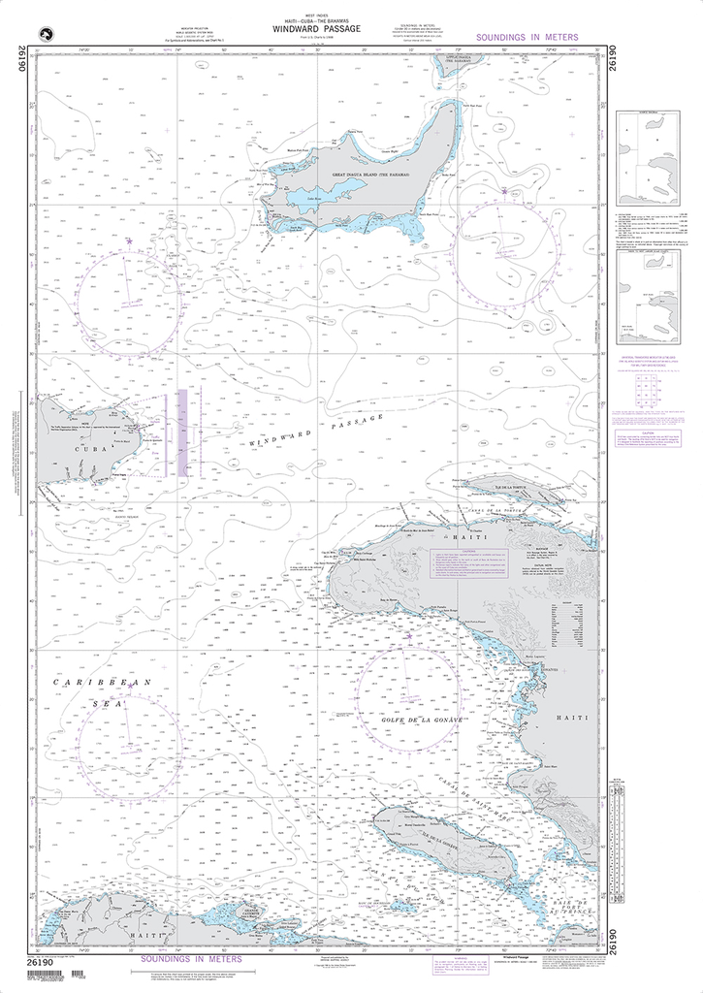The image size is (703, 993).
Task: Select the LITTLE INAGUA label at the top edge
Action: [x=425, y=60]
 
